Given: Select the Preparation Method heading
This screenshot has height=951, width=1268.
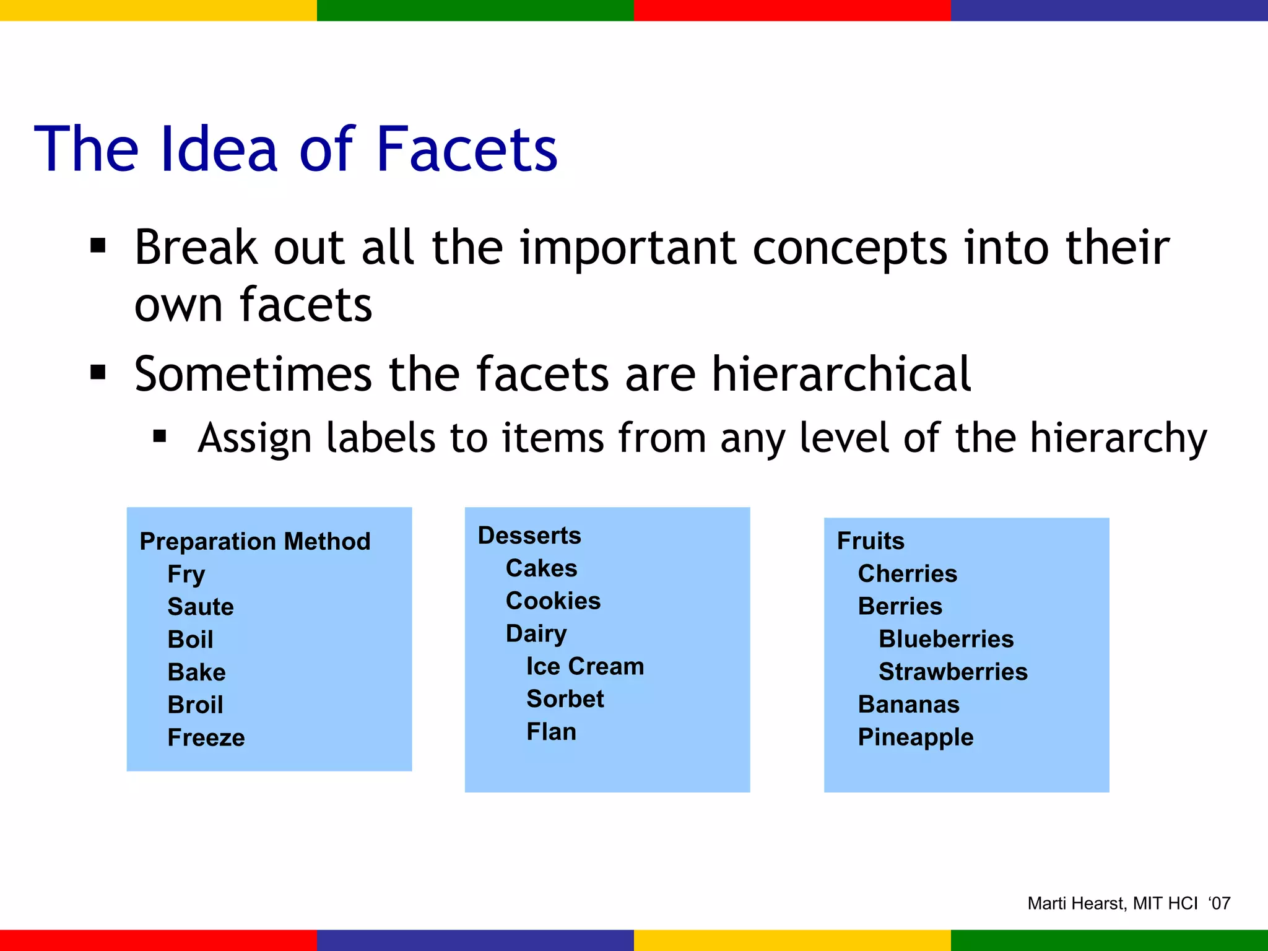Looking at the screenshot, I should (255, 541).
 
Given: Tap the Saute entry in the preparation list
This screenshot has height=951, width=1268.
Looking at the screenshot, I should (201, 607).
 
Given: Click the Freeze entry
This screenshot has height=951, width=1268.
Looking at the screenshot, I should (206, 737).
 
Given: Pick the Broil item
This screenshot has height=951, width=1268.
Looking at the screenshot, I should (195, 705).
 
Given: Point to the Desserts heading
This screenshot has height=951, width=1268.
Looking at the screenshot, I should (529, 536).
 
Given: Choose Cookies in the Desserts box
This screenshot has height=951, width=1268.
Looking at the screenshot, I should (553, 601).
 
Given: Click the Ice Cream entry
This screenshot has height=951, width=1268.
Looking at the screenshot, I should (585, 666).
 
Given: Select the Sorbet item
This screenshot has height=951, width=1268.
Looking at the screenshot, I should (565, 699).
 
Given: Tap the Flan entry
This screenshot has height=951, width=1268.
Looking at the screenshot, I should (551, 732).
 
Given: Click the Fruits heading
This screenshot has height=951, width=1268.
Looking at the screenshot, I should (871, 541).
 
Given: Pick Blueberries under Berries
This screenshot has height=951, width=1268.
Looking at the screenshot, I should (946, 639).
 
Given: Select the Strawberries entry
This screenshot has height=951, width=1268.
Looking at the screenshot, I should (953, 672).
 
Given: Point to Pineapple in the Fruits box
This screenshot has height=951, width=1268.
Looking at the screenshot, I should (916, 737).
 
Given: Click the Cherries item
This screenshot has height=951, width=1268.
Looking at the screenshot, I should (907, 574).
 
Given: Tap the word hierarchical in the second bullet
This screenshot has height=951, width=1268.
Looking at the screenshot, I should (841, 374).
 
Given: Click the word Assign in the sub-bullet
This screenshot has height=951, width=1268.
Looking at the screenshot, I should (254, 438).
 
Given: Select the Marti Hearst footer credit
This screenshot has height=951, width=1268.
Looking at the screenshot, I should (1128, 903).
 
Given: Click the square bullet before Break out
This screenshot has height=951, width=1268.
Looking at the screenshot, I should (98, 246).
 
